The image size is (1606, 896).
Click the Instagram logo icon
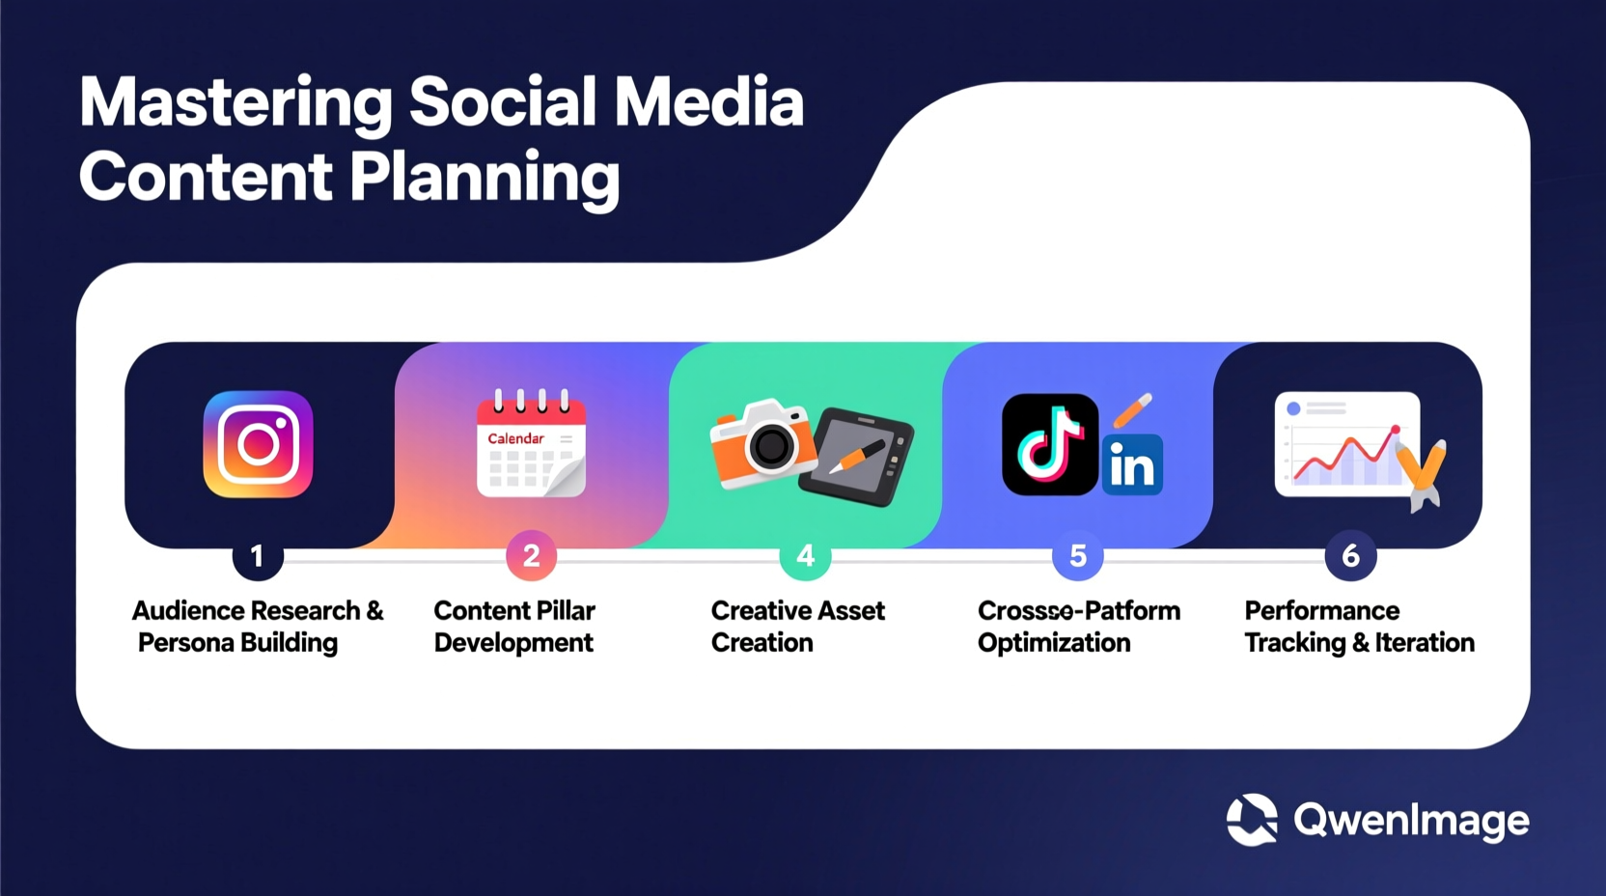tap(258, 444)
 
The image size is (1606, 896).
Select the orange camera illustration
tap(761, 444)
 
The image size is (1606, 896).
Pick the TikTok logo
tap(1049, 444)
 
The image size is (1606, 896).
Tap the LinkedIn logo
tap(1132, 465)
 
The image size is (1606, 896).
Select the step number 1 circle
tap(257, 556)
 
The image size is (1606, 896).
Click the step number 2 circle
tap(531, 556)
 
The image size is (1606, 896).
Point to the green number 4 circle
tap(805, 556)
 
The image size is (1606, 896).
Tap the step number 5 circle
tap(1078, 556)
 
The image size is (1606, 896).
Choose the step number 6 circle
tap(1350, 556)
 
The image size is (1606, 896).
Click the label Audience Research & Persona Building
tap(257, 627)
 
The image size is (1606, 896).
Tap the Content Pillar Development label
tap(514, 627)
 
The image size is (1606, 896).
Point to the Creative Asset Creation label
tap(797, 627)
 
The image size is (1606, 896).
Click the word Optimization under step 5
tap(1054, 643)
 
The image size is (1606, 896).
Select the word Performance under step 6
tap(1321, 610)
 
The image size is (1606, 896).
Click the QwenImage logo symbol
tap(1252, 820)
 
